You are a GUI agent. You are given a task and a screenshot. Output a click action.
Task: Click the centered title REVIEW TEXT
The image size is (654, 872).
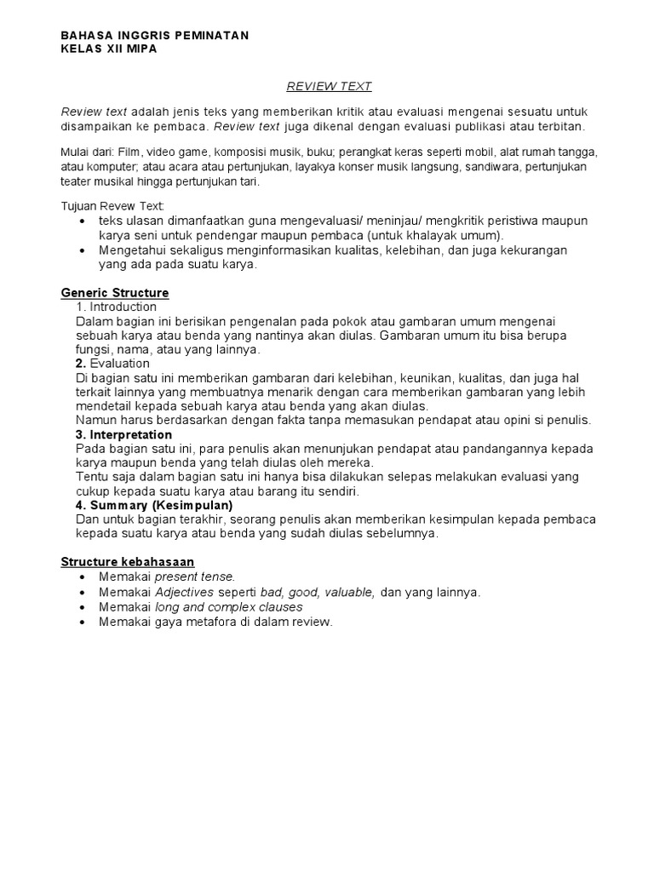329,86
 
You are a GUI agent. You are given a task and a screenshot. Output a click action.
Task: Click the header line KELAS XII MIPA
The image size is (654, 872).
109,49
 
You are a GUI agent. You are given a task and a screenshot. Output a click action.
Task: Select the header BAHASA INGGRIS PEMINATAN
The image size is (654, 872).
155,36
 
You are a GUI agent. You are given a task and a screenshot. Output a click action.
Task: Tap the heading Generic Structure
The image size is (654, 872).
115,293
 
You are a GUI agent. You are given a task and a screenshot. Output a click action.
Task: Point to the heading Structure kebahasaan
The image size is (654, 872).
128,562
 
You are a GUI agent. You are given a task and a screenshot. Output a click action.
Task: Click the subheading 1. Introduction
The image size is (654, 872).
117,307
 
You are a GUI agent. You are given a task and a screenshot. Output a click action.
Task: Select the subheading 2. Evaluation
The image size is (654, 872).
112,364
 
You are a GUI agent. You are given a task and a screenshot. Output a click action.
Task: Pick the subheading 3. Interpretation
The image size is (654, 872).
123,435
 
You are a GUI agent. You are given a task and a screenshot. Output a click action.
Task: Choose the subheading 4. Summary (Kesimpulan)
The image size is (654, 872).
154,505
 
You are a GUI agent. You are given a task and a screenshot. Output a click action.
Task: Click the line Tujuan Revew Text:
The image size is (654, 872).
112,206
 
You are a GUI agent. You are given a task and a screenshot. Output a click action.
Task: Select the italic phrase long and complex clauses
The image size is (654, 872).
229,607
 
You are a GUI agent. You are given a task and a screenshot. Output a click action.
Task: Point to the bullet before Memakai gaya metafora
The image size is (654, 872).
81,622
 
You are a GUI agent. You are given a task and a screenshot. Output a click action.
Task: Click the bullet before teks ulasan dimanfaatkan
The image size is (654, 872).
81,221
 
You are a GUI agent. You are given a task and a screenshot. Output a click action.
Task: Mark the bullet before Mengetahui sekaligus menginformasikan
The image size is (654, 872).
81,250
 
